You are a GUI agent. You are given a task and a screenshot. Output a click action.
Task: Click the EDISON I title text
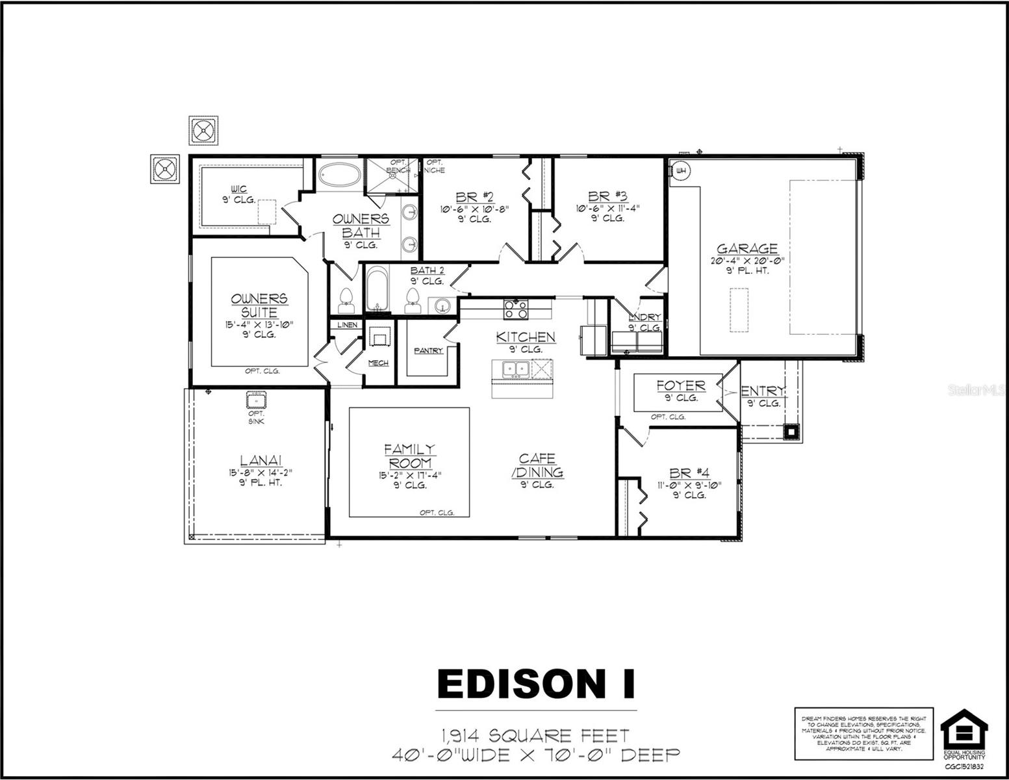(536, 684)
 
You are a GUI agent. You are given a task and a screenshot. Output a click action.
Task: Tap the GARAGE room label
(747, 248)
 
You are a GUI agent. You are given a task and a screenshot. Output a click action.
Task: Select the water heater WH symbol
(680, 171)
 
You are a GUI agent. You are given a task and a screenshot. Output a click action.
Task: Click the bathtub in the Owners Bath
(340, 174)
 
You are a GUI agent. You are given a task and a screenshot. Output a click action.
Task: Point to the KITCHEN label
(526, 337)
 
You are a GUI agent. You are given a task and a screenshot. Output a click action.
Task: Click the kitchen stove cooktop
(516, 309)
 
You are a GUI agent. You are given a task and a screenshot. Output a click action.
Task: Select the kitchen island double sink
(517, 369)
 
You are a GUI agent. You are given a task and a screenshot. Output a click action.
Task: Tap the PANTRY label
(429, 351)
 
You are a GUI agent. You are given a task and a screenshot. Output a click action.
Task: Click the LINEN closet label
(347, 324)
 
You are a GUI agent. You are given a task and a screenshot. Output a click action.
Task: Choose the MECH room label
(378, 363)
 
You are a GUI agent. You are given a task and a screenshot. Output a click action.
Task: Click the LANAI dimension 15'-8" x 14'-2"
(255, 473)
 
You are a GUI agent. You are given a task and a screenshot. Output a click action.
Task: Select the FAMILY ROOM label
(410, 456)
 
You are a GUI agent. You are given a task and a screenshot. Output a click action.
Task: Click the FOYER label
(680, 385)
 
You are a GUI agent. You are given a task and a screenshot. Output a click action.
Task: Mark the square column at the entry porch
(791, 430)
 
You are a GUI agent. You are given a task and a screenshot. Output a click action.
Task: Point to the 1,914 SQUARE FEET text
(535, 736)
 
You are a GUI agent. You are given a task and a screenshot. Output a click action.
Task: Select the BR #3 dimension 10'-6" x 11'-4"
(607, 209)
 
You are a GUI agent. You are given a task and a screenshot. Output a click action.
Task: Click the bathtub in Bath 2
(376, 291)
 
